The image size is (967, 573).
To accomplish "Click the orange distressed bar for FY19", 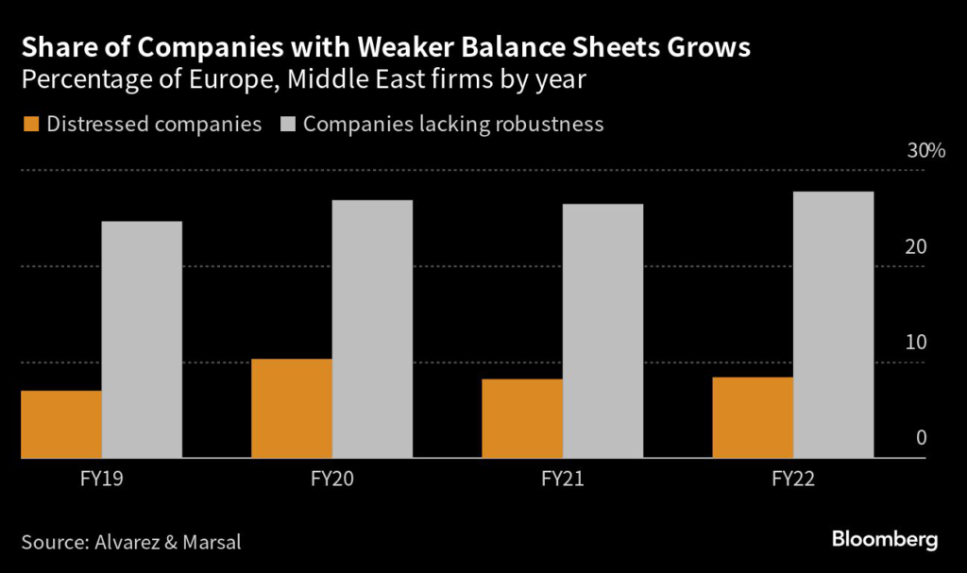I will (x=61, y=424).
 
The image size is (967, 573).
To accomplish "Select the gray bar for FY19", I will (x=142, y=340).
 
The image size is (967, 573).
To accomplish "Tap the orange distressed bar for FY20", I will (x=292, y=408).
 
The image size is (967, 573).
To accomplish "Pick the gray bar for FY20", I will (x=372, y=329).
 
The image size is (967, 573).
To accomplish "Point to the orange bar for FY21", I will (x=522, y=418).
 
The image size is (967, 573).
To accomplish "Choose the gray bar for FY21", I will (x=602, y=331).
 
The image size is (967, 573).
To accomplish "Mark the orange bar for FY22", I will (x=754, y=417).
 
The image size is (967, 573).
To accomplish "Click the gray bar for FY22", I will (x=833, y=325).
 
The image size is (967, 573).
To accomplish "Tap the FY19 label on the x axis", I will (x=101, y=480).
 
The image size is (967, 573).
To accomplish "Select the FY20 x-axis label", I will (x=332, y=480).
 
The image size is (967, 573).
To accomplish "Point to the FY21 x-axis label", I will (x=563, y=480).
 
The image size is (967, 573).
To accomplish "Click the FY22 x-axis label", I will (x=793, y=480).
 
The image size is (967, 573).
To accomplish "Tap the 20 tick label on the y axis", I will (x=916, y=247).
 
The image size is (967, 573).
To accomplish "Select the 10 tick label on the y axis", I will (x=916, y=343).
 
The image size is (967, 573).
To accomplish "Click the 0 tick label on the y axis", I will (x=921, y=439).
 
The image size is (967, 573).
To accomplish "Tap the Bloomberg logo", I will (x=885, y=540).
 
